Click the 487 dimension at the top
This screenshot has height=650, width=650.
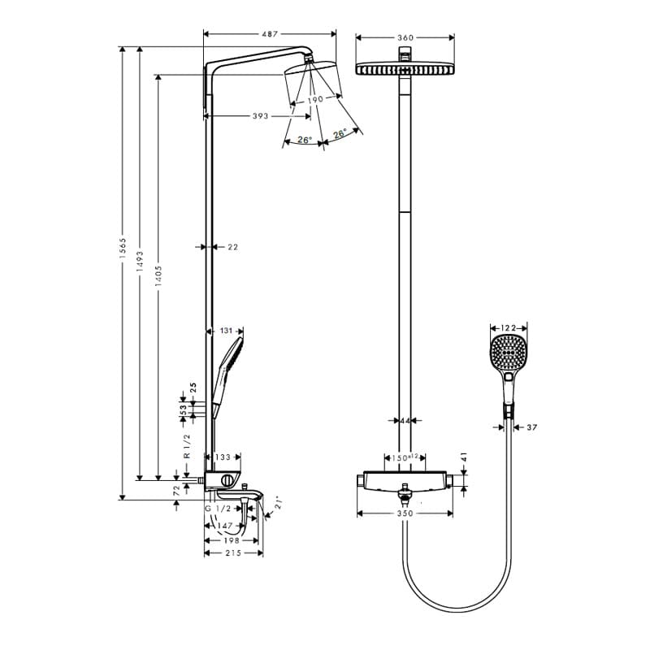pyautogui.click(x=270, y=34)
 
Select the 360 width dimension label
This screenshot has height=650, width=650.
pyautogui.click(x=405, y=37)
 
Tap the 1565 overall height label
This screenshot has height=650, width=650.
pyautogui.click(x=123, y=249)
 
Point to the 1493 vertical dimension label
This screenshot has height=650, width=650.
pyautogui.click(x=140, y=262)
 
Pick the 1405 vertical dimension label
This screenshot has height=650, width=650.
pyautogui.click(x=158, y=276)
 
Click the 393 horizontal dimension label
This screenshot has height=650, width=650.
pyautogui.click(x=260, y=116)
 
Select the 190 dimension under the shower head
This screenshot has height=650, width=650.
pyautogui.click(x=315, y=99)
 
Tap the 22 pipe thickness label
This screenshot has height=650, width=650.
pyautogui.click(x=233, y=247)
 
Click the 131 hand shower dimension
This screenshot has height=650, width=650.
pyautogui.click(x=226, y=331)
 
